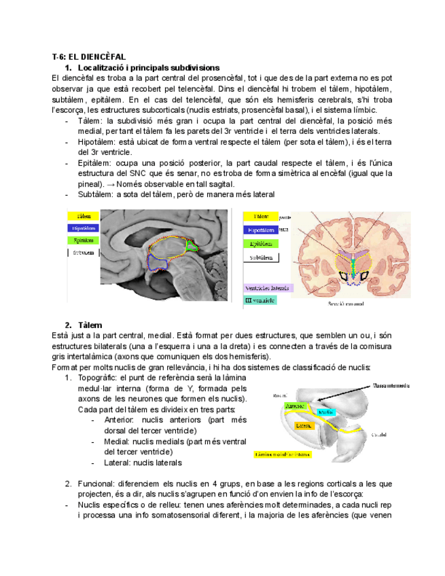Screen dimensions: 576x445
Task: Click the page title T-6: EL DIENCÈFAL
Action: (x=88, y=56)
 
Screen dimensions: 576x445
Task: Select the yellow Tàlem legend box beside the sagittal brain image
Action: (x=85, y=215)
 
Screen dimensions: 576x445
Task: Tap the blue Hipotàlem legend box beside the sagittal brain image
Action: (x=85, y=228)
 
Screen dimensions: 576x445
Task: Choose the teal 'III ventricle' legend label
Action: (x=260, y=300)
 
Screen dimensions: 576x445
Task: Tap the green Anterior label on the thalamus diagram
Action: (x=295, y=406)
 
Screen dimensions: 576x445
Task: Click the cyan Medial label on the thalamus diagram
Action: (x=325, y=412)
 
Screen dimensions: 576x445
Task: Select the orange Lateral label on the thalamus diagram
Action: (x=304, y=426)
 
